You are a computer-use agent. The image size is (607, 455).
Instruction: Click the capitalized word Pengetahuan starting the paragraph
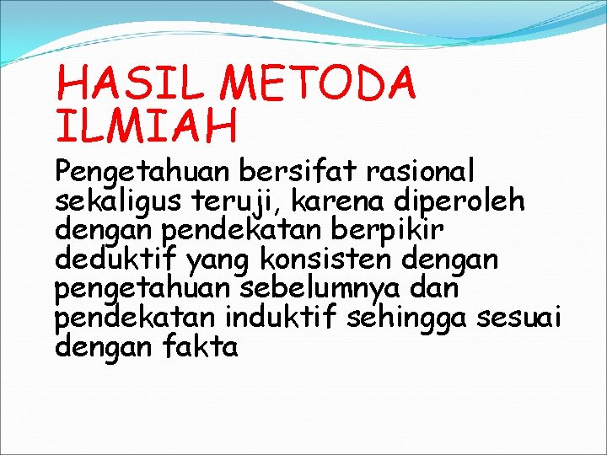(142, 172)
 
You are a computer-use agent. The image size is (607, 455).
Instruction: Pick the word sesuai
(519, 317)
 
